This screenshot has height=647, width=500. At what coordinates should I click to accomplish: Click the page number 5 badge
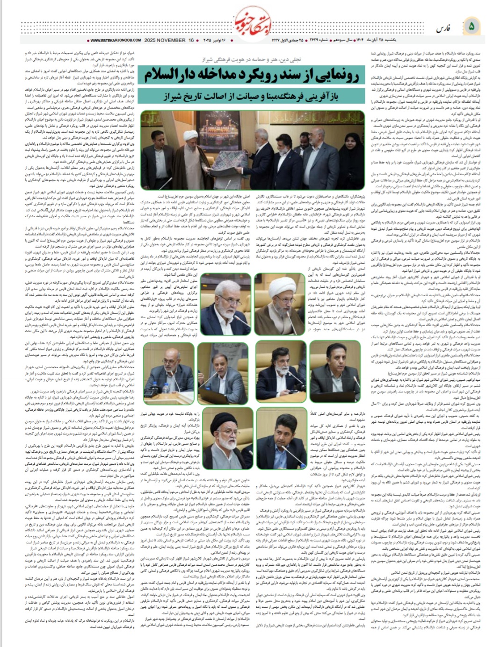click(471, 26)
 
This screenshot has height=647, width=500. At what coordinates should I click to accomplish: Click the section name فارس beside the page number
click(442, 28)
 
